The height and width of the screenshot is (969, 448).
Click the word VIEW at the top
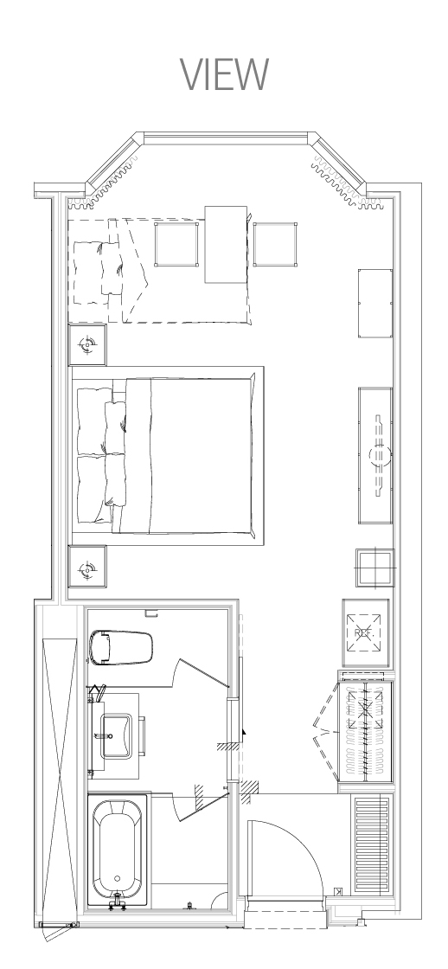(224, 74)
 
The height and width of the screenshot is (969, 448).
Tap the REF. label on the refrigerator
(365, 633)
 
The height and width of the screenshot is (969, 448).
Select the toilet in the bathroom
(120, 647)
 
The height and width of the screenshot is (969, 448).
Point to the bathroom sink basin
(116, 736)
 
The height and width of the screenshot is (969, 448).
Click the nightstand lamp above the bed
(87, 345)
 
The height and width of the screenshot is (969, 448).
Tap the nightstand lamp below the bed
(87, 567)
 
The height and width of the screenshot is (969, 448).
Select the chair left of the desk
(176, 244)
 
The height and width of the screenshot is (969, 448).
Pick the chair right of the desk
(275, 244)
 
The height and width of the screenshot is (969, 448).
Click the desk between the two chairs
(227, 244)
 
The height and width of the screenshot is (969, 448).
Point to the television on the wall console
(380, 455)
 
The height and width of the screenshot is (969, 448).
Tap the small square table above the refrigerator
(374, 568)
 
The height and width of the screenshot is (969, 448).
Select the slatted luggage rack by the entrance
(372, 844)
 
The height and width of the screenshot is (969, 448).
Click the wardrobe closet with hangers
(365, 732)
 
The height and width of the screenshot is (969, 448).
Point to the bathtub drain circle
(117, 878)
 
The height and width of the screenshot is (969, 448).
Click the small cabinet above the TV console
(375, 303)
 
